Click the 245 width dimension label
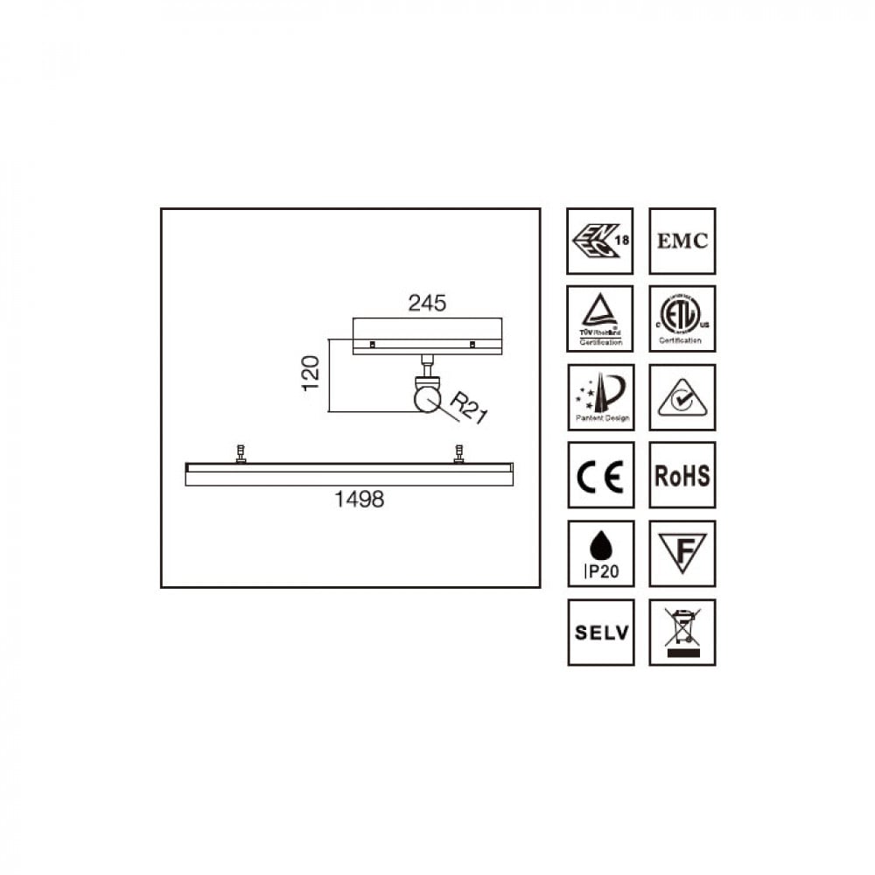427,303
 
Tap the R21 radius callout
467,407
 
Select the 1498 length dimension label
360,500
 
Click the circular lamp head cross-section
427,399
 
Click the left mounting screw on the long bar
241,454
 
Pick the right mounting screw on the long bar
458,454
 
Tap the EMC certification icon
682,241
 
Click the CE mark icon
600,475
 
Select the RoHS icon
682,475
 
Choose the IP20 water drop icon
600,554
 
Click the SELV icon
600,632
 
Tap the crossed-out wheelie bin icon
682,632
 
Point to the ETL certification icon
682,318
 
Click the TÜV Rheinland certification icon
600,318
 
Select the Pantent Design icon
600,397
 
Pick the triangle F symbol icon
682,554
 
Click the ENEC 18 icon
600,241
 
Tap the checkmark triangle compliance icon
682,397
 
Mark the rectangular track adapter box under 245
427,336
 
